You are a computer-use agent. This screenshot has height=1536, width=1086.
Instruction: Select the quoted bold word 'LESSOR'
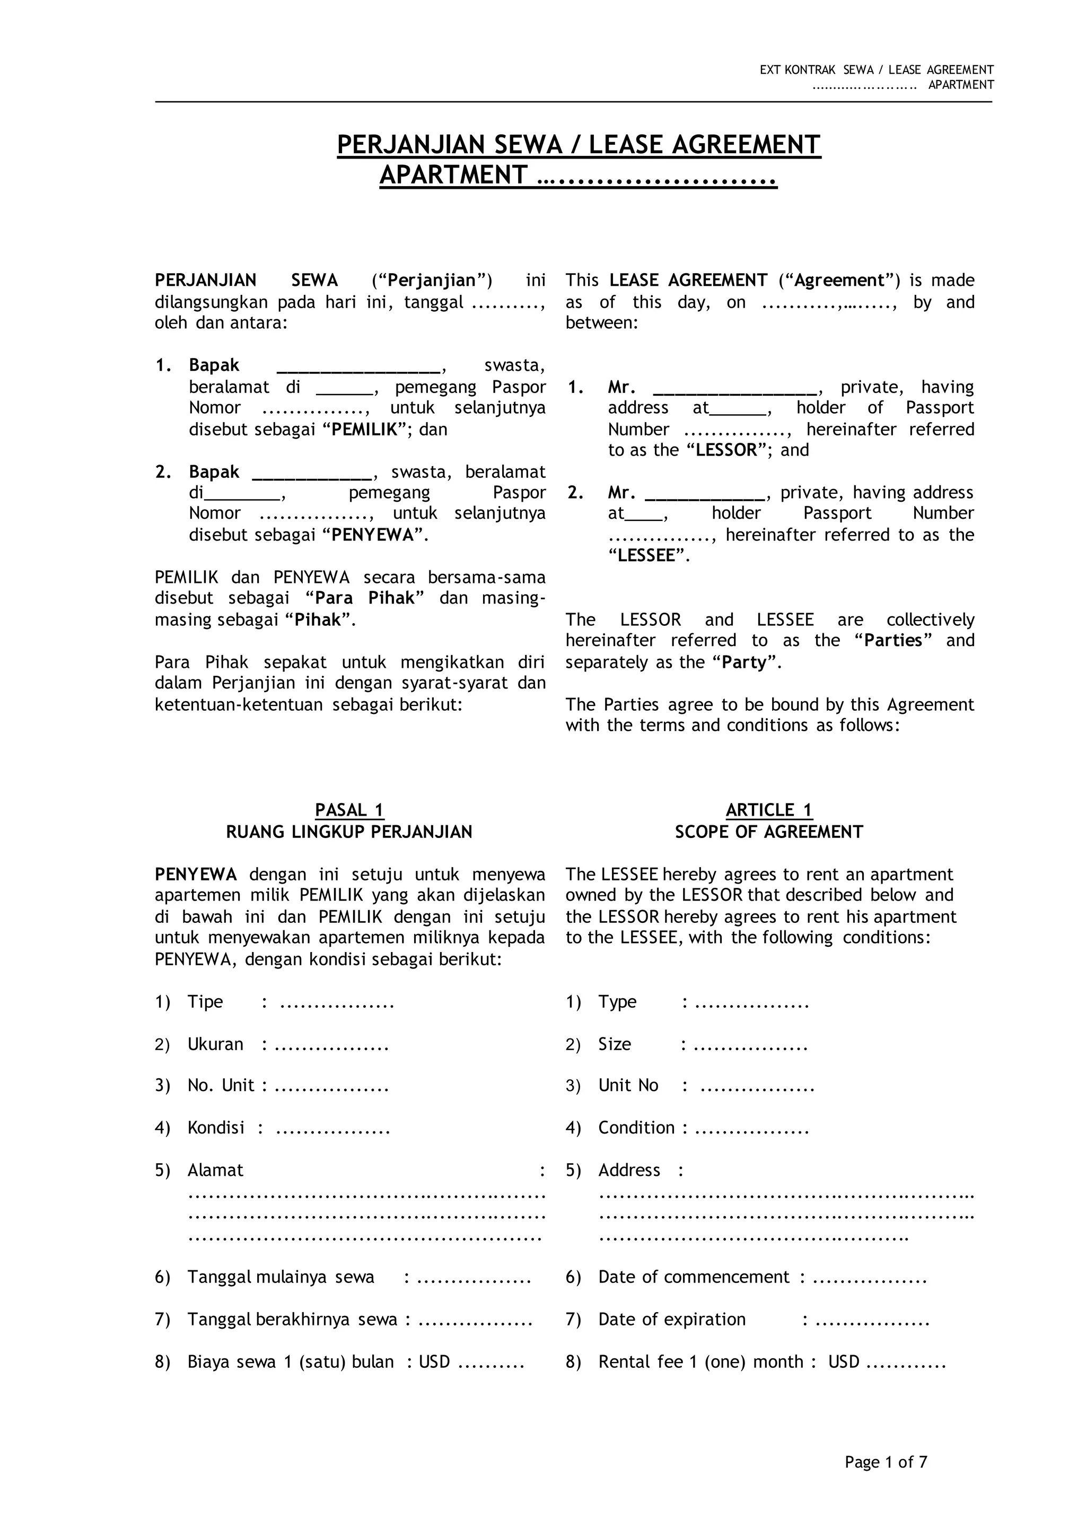[725, 450]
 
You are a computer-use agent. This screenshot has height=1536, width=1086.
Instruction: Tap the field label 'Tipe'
[205, 1001]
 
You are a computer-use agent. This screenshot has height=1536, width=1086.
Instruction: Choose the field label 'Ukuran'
[215, 1044]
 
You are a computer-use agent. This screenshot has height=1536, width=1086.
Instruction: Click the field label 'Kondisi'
[216, 1128]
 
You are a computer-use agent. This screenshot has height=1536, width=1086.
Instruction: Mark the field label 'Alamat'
[215, 1170]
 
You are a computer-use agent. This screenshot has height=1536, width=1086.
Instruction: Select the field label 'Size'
[615, 1044]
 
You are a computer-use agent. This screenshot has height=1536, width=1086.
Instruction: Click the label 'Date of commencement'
[694, 1277]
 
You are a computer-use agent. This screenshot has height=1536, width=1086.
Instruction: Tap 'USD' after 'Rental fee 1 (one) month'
[843, 1362]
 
